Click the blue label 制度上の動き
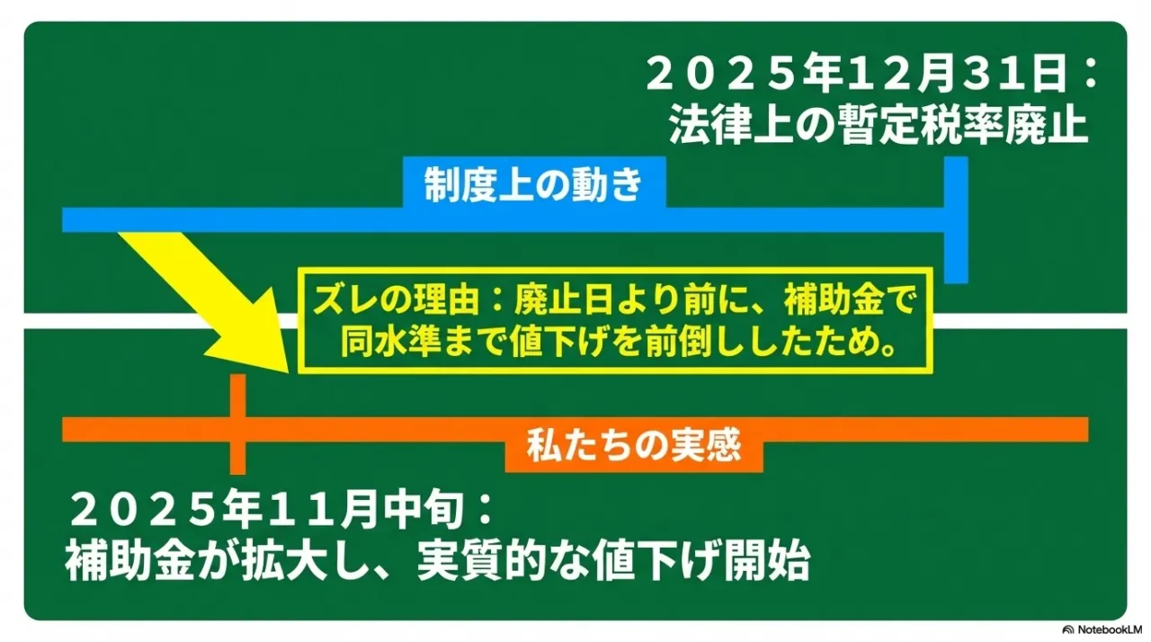534,186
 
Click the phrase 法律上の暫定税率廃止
878,127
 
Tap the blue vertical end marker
956,220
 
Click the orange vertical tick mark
236,424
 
